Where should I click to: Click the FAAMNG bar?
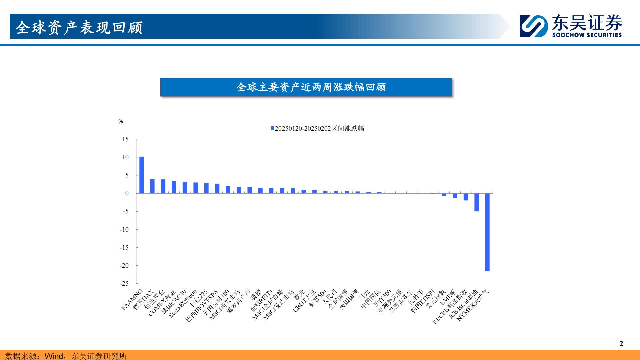click(x=142, y=175)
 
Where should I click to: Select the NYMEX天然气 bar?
click(x=487, y=232)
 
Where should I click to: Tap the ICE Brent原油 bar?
click(x=477, y=202)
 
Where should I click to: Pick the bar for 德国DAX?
click(x=152, y=186)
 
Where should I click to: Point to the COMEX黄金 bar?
click(x=174, y=187)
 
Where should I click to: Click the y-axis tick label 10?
click(x=125, y=157)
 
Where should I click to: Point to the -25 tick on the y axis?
click(x=124, y=283)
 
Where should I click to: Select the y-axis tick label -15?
click(x=124, y=247)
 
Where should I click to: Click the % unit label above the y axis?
click(x=121, y=121)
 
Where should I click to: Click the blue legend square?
click(x=272, y=128)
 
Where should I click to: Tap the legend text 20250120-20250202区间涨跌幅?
click(x=319, y=128)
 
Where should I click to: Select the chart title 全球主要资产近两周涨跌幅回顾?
click(x=311, y=87)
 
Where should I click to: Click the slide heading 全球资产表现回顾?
click(x=79, y=27)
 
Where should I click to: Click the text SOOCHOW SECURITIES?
click(x=587, y=35)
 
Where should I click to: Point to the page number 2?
click(x=621, y=344)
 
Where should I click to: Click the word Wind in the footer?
click(x=54, y=356)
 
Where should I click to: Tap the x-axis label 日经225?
click(x=199, y=298)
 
